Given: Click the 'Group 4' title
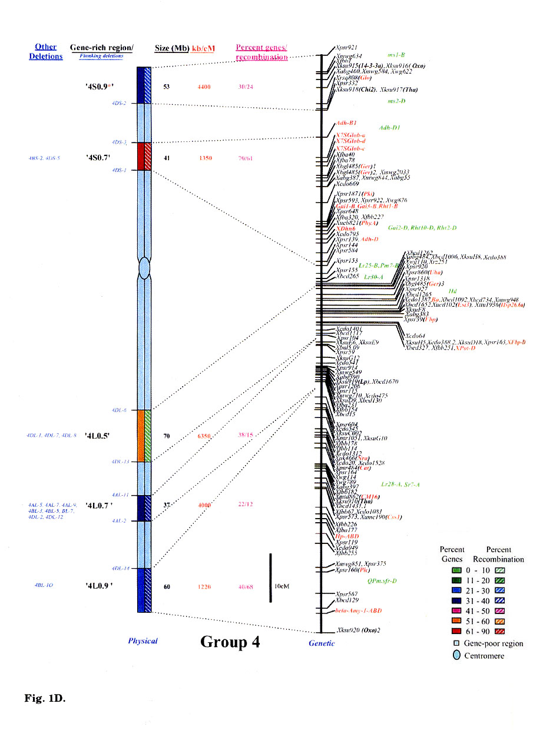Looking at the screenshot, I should [230, 641].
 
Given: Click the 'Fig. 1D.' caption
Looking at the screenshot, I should [44, 698].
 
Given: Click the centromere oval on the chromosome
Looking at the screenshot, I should [144, 268].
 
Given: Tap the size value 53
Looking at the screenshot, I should [167, 87].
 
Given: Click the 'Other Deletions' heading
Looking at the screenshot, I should [46, 52].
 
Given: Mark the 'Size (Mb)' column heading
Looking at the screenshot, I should [171, 48].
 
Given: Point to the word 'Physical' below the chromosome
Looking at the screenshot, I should [143, 641].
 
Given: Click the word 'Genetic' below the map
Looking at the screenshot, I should [322, 643].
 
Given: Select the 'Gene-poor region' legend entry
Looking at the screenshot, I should [494, 643].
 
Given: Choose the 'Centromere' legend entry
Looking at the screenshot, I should [486, 655].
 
